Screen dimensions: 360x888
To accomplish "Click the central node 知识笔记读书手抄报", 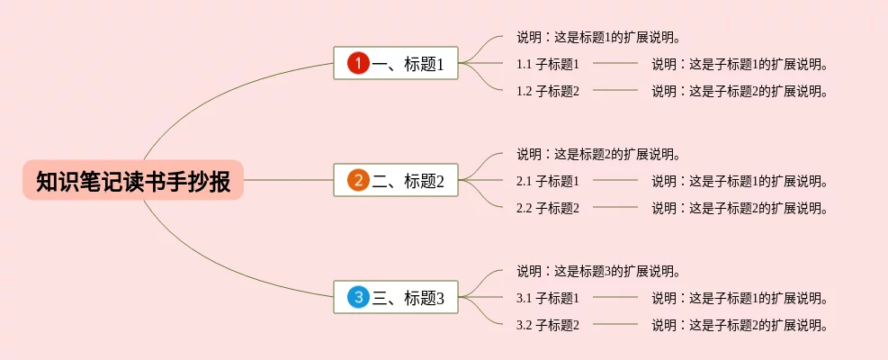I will [x=133, y=181].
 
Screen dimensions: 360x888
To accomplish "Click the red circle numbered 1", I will [x=358, y=63].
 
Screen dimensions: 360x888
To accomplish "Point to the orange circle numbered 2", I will [x=358, y=180].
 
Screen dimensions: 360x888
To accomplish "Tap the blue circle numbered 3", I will [x=358, y=297].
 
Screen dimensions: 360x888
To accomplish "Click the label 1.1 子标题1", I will [x=547, y=64].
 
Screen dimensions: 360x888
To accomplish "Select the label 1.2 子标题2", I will [x=547, y=91].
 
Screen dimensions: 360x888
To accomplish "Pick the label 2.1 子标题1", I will [x=547, y=181].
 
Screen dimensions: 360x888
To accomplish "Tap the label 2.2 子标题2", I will [x=547, y=208].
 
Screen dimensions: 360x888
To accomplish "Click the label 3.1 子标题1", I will [x=547, y=298].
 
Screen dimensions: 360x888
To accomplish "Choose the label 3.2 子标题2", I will [x=547, y=325].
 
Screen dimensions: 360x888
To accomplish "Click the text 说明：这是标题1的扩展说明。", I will [x=597, y=37].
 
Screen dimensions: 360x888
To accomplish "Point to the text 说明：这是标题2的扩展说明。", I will [x=597, y=154].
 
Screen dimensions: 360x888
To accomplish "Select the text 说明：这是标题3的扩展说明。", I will [x=597, y=271].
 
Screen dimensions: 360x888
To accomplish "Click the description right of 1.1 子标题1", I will [x=740, y=64].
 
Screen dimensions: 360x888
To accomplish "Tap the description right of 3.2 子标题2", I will [x=740, y=325].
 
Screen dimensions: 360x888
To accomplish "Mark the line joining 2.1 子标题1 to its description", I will [x=615, y=180].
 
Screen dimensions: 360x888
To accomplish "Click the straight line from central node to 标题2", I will [x=288, y=180].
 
